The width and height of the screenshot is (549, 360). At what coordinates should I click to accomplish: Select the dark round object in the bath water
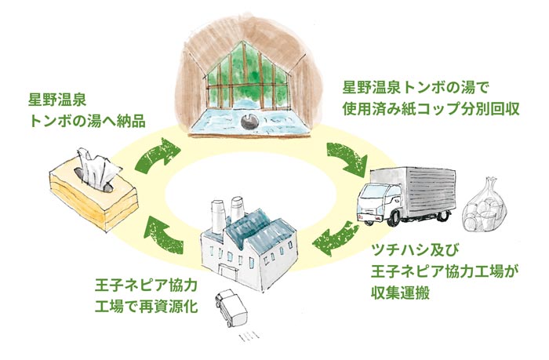tap(249, 121)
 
